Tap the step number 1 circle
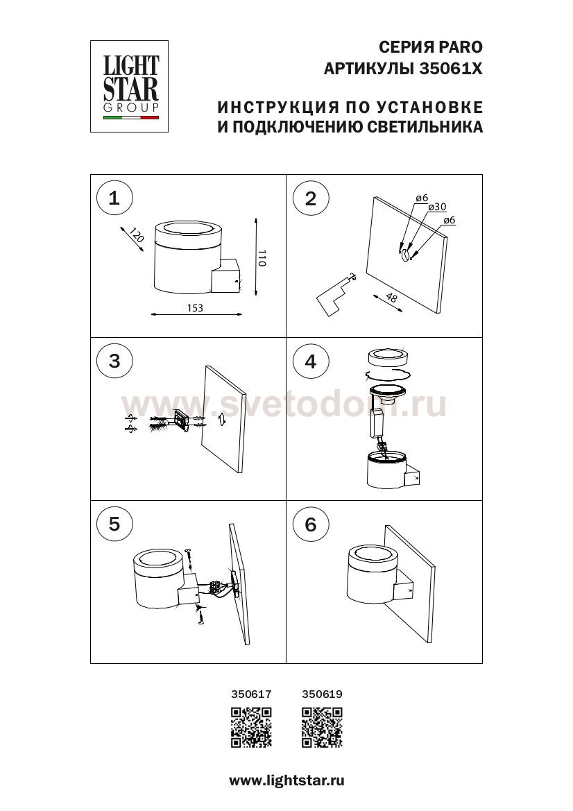click(x=114, y=198)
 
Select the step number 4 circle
click(x=310, y=361)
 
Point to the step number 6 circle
click(x=310, y=524)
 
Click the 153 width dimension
click(x=195, y=308)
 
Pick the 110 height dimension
click(x=262, y=257)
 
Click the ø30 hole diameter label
click(x=438, y=207)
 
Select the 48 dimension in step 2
click(x=391, y=298)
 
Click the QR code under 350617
click(x=251, y=728)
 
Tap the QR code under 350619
click(x=322, y=728)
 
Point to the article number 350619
click(x=322, y=694)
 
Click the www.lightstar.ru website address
click(x=286, y=780)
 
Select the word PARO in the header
click(x=460, y=47)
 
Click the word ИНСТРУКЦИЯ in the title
click(x=277, y=108)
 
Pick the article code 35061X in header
click(x=450, y=69)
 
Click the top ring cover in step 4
click(x=388, y=357)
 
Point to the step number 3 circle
click(x=114, y=361)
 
